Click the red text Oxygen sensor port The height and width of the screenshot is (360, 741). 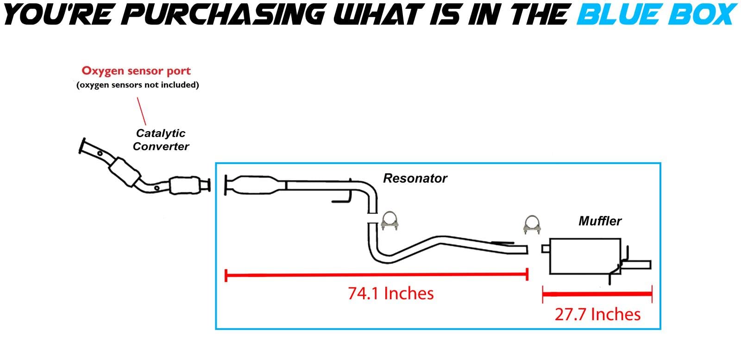pyautogui.click(x=136, y=71)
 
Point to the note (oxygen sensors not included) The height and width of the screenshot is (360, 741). pyautogui.click(x=138, y=85)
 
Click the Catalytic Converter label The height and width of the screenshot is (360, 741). pyautogui.click(x=161, y=139)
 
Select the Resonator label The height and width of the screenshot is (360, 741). pyautogui.click(x=415, y=178)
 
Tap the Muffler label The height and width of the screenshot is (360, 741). pyautogui.click(x=600, y=221)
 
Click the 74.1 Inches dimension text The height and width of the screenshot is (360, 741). pyautogui.click(x=391, y=293)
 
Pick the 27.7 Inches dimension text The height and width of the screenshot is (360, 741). pyautogui.click(x=597, y=314)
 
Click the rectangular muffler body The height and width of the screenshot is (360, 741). pyautogui.click(x=585, y=256)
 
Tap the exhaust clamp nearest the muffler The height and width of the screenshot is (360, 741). pyautogui.click(x=532, y=225)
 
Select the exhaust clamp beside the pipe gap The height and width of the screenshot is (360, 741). pyautogui.click(x=389, y=221)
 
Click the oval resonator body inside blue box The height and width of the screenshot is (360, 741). pyautogui.click(x=255, y=185)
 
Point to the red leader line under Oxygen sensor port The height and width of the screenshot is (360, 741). pyautogui.click(x=142, y=111)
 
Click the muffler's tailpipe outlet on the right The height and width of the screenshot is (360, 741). pyautogui.click(x=637, y=265)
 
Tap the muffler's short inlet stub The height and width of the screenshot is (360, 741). pyautogui.click(x=546, y=248)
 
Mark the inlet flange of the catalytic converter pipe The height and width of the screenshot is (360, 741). pyautogui.click(x=82, y=146)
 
